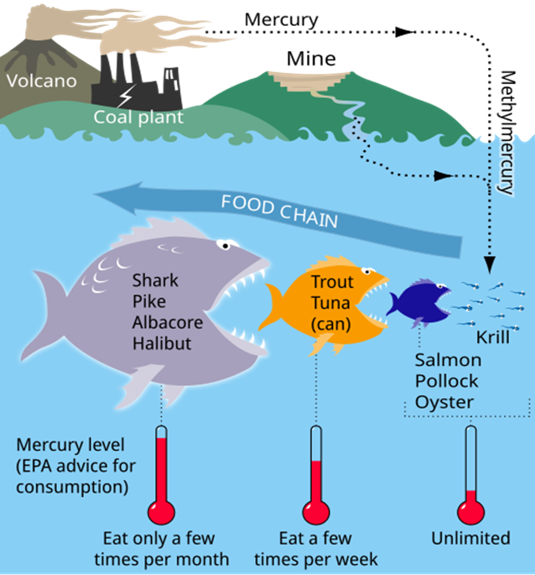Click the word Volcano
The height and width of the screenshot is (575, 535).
click(x=40, y=81)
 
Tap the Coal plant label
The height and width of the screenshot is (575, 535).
click(x=138, y=118)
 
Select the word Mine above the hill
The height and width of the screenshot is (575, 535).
click(x=311, y=59)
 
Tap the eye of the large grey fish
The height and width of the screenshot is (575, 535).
click(x=224, y=245)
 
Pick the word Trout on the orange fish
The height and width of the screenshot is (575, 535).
click(x=333, y=283)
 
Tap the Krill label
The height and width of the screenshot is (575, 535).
click(x=494, y=337)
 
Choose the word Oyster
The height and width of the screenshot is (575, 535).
click(x=444, y=401)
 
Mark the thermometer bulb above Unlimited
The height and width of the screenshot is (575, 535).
click(x=470, y=511)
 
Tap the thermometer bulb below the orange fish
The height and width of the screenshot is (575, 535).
click(x=315, y=511)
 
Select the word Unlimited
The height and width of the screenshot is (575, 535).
click(x=470, y=538)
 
